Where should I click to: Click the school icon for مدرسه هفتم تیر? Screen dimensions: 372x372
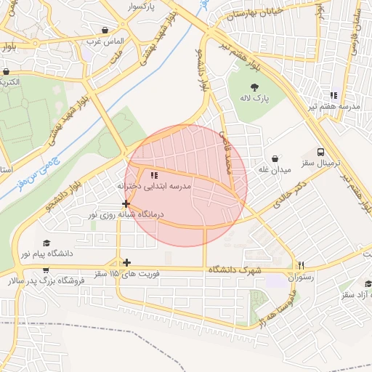tap(333, 95)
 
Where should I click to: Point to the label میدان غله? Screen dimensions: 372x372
tap(275, 170)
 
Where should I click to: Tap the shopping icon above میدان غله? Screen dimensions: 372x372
tap(275, 158)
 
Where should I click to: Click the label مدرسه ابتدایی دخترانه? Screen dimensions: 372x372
tap(153, 187)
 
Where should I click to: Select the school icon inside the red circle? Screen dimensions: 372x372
tap(153, 175)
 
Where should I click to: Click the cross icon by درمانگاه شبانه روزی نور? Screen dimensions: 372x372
tap(126, 204)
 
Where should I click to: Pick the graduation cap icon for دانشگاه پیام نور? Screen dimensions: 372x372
tap(47, 243)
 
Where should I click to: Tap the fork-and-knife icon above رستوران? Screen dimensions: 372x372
tap(301, 265)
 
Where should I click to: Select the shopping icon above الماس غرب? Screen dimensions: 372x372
tap(106, 31)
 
